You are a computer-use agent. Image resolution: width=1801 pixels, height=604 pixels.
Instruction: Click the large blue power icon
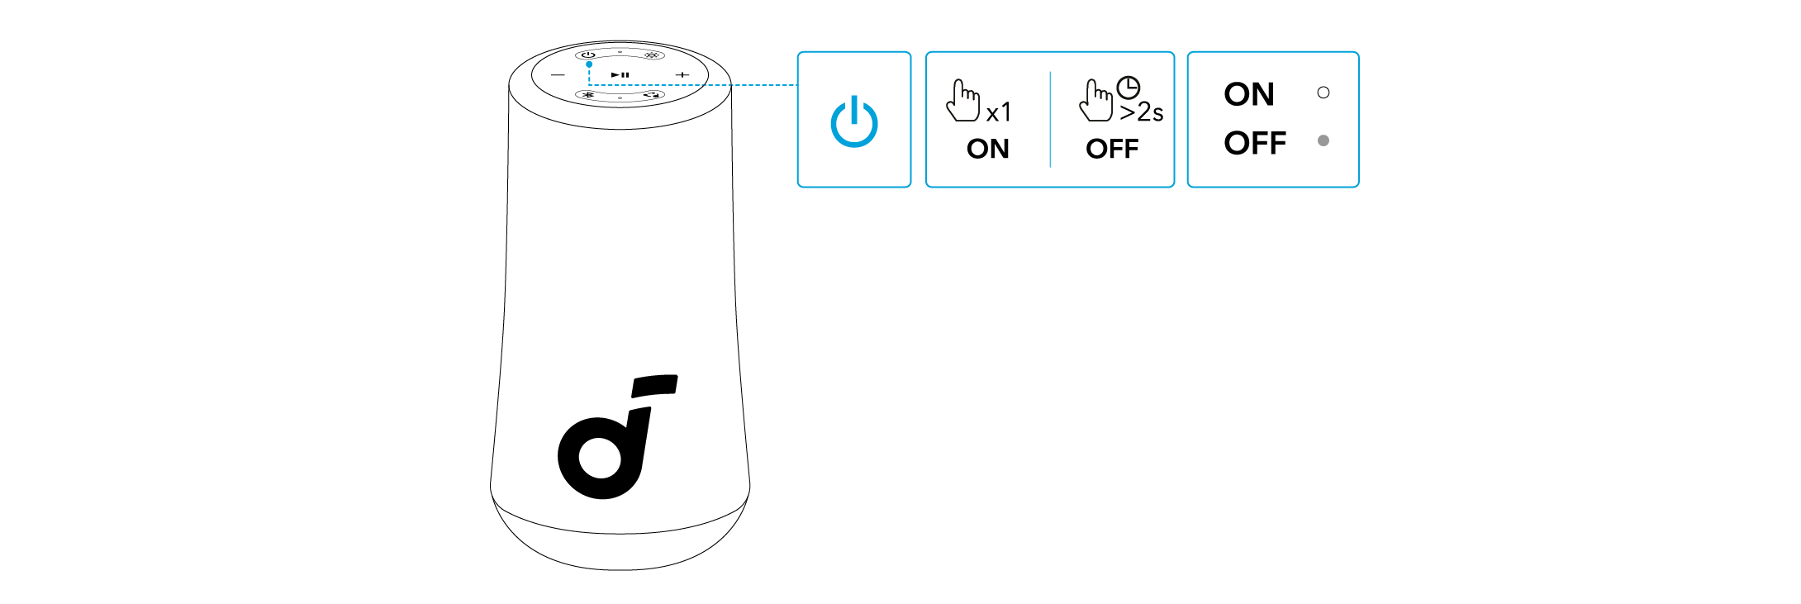click(x=853, y=121)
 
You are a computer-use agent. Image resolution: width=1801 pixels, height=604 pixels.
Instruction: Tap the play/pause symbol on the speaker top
click(x=620, y=74)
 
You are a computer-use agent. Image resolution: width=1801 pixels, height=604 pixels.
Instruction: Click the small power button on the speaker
click(x=588, y=55)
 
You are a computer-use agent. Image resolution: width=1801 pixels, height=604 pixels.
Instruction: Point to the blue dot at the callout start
click(x=589, y=64)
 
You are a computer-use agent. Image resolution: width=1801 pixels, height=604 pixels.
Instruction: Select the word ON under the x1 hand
click(x=987, y=149)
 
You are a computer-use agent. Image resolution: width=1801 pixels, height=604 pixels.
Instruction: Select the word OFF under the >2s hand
click(x=1111, y=149)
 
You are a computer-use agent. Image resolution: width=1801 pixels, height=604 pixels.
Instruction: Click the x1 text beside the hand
click(x=998, y=112)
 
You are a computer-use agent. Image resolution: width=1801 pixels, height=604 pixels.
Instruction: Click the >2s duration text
click(x=1141, y=112)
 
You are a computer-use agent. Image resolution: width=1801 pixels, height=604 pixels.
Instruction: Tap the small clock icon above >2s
click(x=1128, y=87)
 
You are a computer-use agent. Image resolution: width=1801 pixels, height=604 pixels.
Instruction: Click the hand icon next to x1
click(x=962, y=101)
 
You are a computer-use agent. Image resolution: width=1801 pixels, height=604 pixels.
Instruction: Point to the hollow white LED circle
click(x=1323, y=93)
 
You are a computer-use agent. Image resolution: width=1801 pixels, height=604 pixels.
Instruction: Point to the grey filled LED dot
click(x=1323, y=140)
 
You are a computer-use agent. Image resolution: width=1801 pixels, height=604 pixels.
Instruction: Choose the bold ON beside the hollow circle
click(x=1248, y=94)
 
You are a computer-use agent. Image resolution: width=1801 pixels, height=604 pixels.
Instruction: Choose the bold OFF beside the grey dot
click(x=1254, y=143)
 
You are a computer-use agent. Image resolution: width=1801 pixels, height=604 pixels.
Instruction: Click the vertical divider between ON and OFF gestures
click(x=1050, y=119)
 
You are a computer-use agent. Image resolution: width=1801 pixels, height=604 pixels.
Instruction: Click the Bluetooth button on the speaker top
click(x=587, y=95)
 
